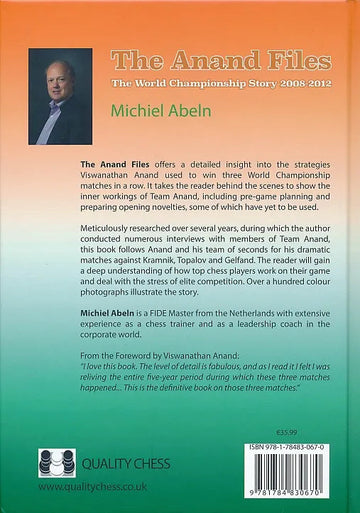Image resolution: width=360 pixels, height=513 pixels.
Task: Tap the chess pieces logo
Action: tap(56, 464)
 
